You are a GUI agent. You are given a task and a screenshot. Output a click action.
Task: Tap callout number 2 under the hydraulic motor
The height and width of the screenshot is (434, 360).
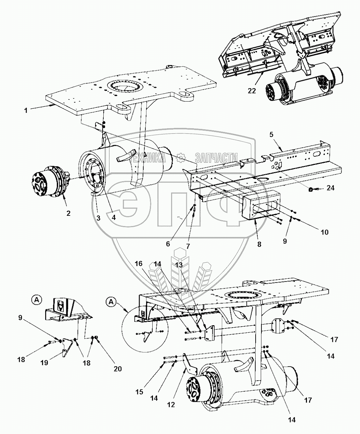pyautogui.click(x=68, y=213)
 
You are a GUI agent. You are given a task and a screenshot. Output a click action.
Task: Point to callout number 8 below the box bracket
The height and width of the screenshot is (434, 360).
pyautogui.click(x=259, y=244)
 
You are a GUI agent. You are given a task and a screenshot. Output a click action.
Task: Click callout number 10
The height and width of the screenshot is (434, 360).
pyautogui.click(x=324, y=232)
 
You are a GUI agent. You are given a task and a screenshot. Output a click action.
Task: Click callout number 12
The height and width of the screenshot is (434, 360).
pyautogui.click(x=171, y=404)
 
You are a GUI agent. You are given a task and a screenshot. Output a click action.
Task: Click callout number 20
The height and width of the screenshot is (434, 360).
pyautogui.click(x=118, y=369)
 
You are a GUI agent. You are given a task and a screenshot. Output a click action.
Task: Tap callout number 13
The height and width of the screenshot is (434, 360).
pyautogui.click(x=179, y=264)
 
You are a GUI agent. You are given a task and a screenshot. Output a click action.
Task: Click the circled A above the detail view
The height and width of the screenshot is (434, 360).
pyautogui.click(x=37, y=300)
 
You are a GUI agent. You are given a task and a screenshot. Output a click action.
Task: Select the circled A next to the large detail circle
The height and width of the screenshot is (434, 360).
pyautogui.click(x=110, y=302)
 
